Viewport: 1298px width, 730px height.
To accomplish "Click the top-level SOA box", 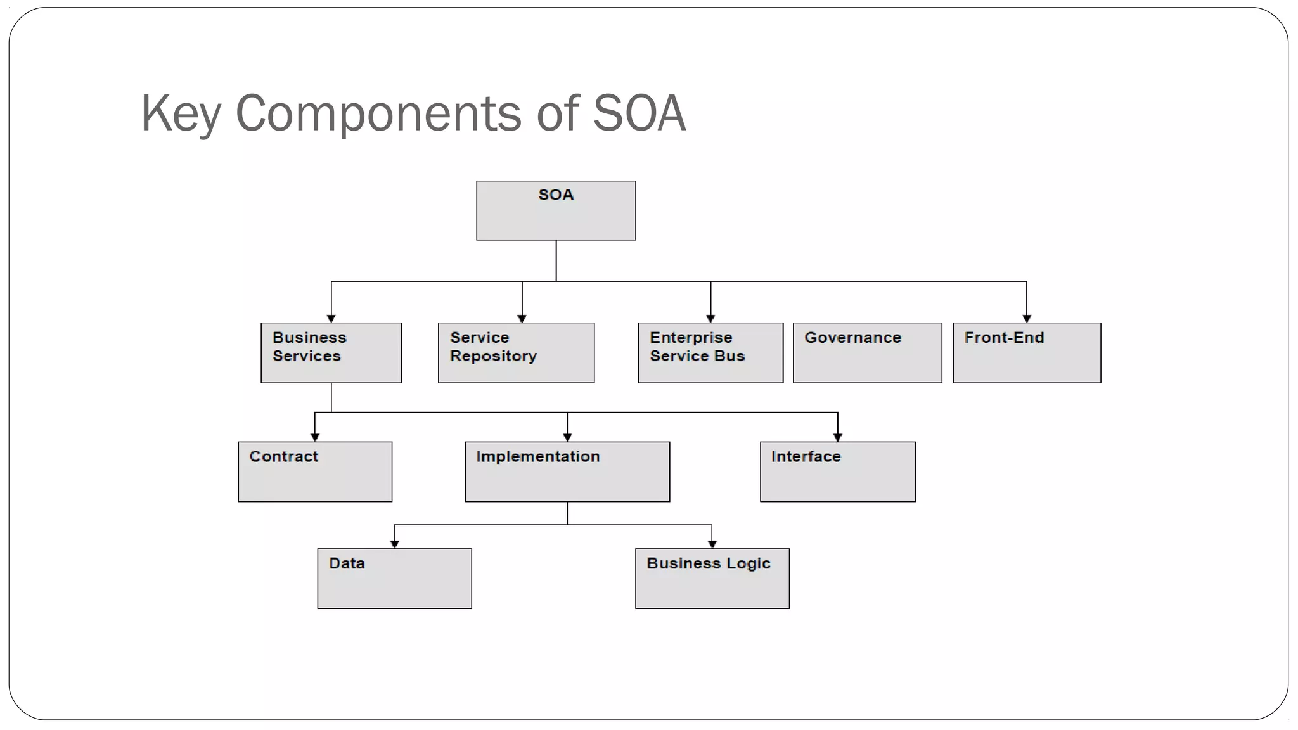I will [x=556, y=210].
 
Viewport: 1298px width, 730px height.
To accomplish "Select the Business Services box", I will [x=331, y=353].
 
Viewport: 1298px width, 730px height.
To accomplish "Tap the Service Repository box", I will [x=516, y=353].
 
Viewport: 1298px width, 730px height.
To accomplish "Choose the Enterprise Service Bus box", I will [x=710, y=353].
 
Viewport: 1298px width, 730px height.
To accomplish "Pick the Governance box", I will [x=867, y=353].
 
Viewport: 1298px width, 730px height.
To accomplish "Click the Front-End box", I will [x=1027, y=353].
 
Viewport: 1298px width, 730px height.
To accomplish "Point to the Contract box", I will [x=315, y=471].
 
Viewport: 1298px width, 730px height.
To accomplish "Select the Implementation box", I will [x=567, y=471].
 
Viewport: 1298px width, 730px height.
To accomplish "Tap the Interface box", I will [x=837, y=471].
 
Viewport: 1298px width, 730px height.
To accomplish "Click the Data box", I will [x=394, y=579].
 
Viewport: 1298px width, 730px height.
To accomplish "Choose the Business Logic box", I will [x=712, y=579].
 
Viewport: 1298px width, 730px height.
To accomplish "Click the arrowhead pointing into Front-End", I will [x=1027, y=318].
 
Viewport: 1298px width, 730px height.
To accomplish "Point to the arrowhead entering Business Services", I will [x=331, y=318].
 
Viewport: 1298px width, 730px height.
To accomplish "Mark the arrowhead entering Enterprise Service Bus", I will [x=710, y=318].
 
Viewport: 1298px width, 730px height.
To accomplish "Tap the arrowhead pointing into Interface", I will [x=837, y=437].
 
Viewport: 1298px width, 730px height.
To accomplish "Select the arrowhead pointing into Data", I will [x=394, y=544].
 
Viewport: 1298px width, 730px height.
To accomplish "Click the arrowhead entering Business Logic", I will [x=712, y=544].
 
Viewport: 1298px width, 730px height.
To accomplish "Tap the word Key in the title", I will [x=181, y=114].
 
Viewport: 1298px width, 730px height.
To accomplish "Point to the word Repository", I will [x=493, y=357].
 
